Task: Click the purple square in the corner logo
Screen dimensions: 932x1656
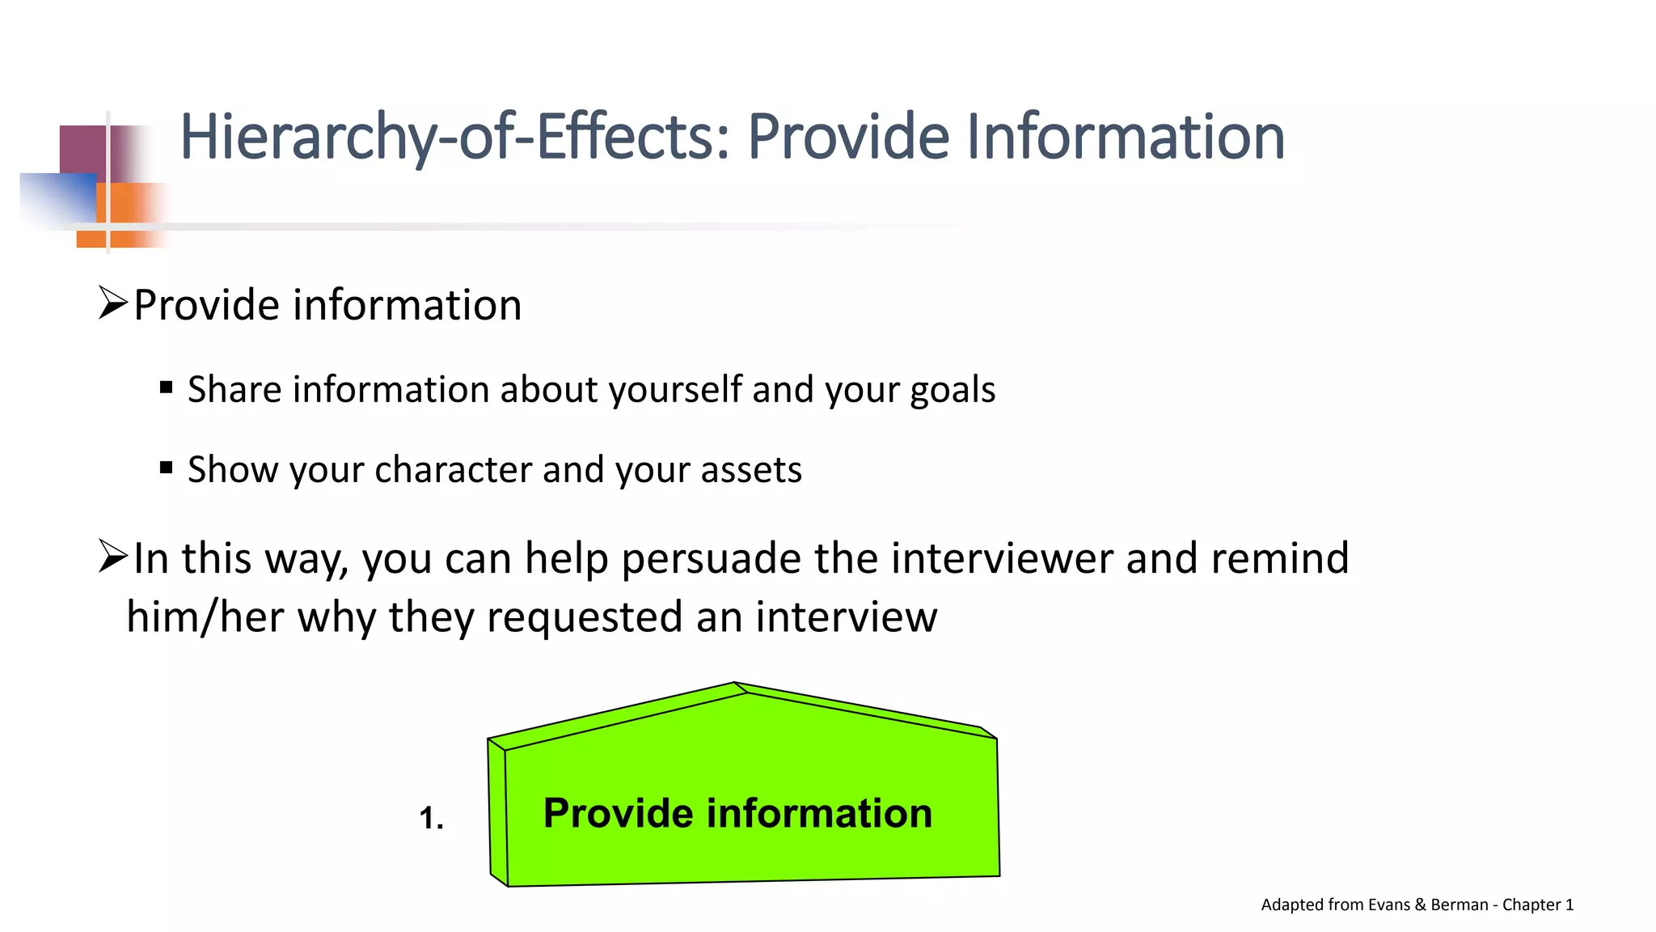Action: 83,149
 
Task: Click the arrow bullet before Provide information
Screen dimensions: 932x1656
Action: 113,303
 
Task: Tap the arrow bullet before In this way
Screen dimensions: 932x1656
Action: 113,557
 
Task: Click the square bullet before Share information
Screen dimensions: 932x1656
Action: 167,388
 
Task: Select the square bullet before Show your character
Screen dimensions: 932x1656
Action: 167,468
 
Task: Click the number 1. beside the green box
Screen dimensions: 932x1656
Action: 431,818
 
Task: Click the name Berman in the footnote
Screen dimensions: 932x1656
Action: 1459,905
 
